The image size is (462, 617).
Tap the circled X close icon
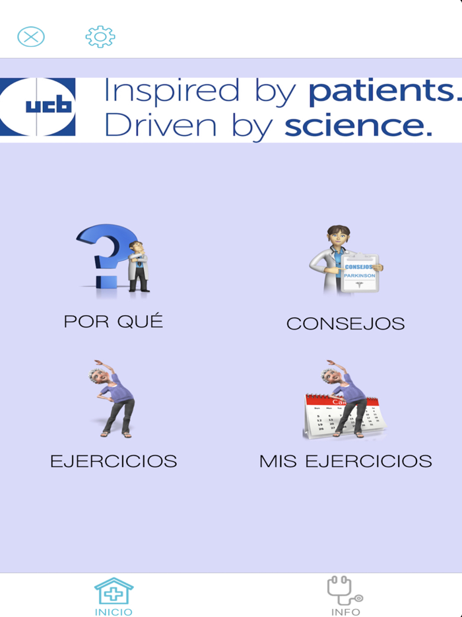click(31, 36)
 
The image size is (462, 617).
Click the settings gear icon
click(100, 36)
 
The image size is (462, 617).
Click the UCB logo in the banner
click(38, 107)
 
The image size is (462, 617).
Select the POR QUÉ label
click(113, 322)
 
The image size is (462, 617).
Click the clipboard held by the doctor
click(360, 272)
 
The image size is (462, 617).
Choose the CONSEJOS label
click(345, 324)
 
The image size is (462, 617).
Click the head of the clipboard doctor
click(337, 239)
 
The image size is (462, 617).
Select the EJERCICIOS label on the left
click(114, 461)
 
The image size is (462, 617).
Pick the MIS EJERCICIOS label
click(345, 461)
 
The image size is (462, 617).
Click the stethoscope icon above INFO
click(345, 590)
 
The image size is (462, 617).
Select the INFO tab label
click(345, 612)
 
